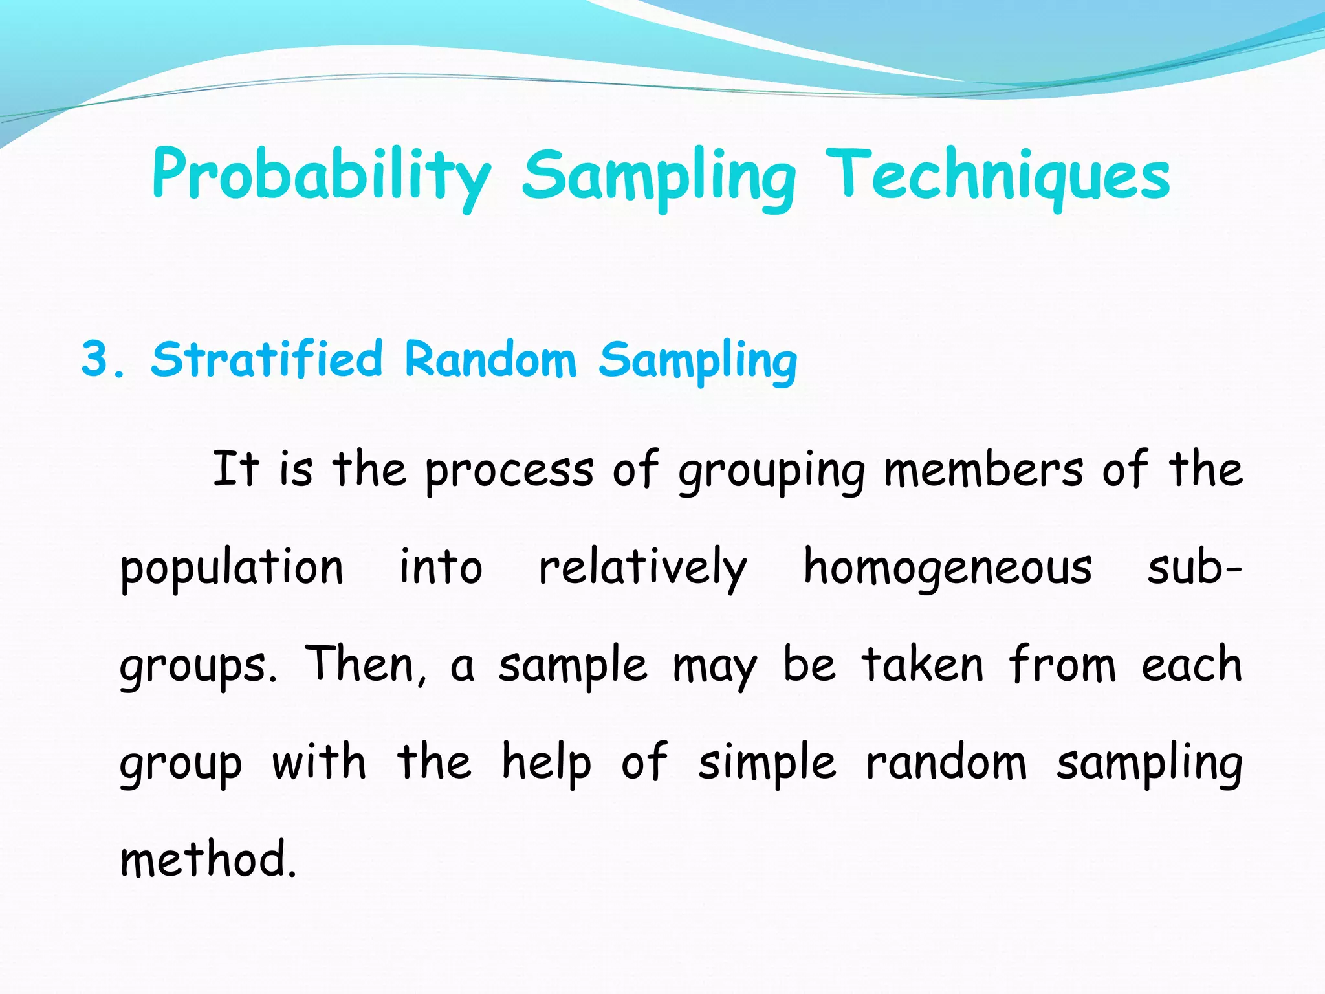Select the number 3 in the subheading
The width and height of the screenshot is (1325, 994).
click(x=95, y=360)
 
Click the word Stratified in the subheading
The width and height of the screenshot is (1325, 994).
click(x=266, y=360)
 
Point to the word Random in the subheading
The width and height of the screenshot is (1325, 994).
click(x=490, y=360)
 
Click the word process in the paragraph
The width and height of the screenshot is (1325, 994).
click(x=509, y=470)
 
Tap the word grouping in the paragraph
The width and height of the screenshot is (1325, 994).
click(x=772, y=470)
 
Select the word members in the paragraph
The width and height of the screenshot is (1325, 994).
click(x=983, y=470)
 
